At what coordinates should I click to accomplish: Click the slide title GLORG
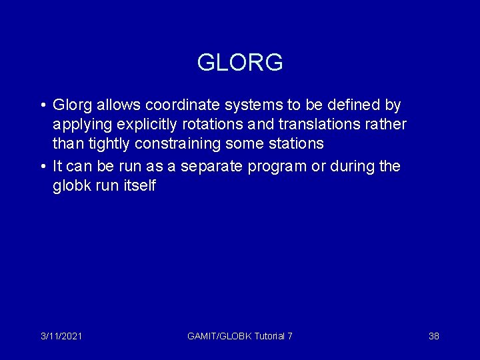coord(240,63)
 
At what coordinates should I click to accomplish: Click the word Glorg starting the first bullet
coord(73,105)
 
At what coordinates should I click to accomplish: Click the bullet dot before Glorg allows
coord(42,106)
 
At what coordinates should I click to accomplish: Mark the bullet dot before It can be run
coord(42,167)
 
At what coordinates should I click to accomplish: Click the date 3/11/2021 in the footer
coord(61,337)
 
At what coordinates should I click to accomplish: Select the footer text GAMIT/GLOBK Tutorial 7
coord(240,337)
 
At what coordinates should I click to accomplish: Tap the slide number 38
coord(433,337)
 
